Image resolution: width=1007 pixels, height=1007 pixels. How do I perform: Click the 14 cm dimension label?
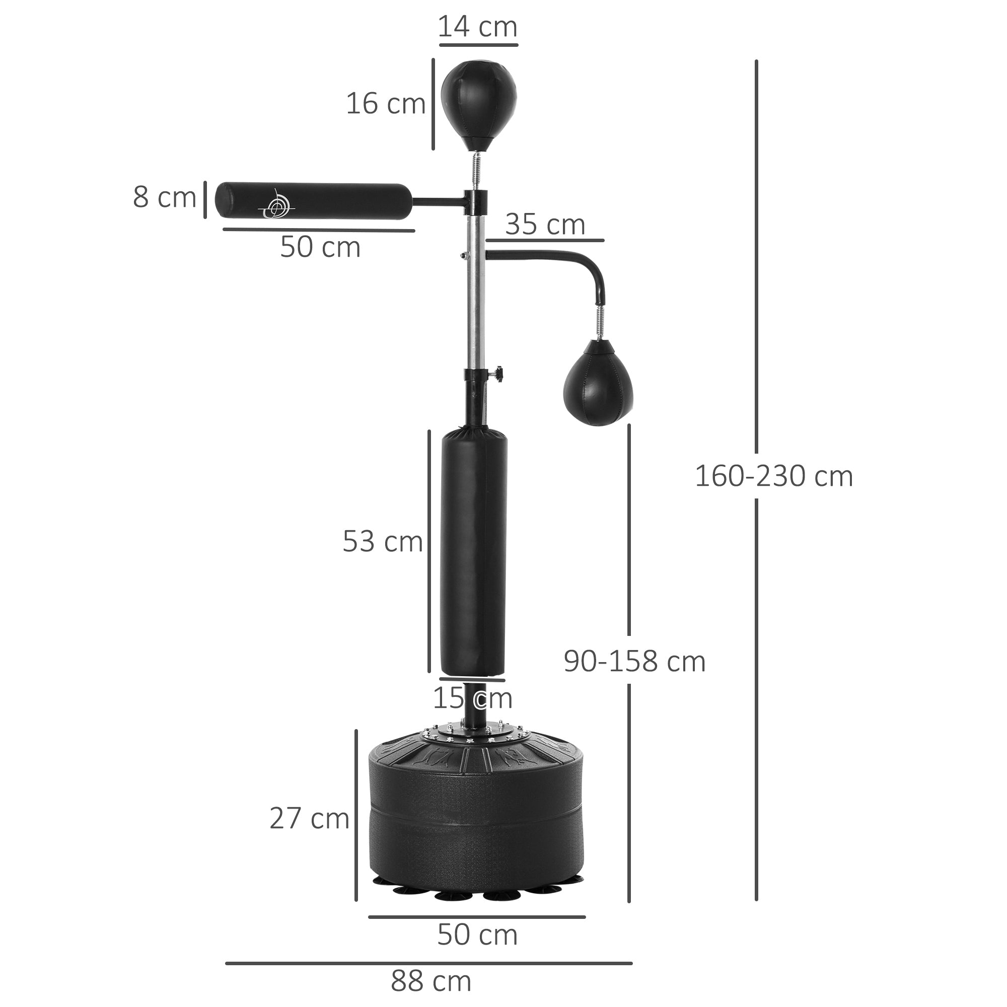pyautogui.click(x=477, y=27)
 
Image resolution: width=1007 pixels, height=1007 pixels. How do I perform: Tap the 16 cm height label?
pyautogui.click(x=386, y=104)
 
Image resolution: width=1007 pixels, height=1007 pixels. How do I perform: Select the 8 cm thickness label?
pyautogui.click(x=164, y=198)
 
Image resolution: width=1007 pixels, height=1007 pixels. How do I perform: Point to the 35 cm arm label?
pyautogui.click(x=545, y=225)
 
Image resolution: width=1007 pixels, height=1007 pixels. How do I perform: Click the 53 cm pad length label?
pyautogui.click(x=382, y=542)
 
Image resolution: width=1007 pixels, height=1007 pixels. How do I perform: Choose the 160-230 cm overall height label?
pyautogui.click(x=773, y=476)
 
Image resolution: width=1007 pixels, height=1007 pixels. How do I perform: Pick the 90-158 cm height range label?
pyautogui.click(x=634, y=662)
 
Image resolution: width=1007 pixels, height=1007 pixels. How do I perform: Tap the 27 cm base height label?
pyautogui.click(x=309, y=818)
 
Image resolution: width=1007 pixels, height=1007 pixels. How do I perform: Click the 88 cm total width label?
pyautogui.click(x=431, y=982)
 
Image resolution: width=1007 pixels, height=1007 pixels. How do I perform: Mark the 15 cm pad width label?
pyautogui.click(x=472, y=698)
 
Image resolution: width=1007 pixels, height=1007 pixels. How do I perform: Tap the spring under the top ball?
pyautogui.click(x=475, y=169)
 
